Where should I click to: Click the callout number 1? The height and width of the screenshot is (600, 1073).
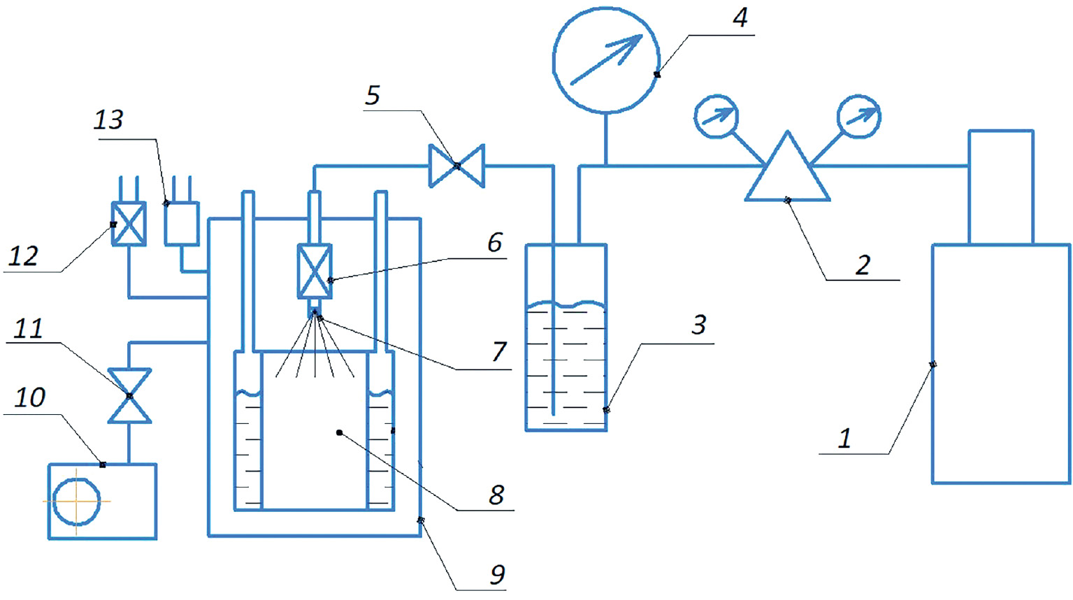click(844, 438)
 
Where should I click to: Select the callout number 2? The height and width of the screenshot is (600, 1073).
click(863, 265)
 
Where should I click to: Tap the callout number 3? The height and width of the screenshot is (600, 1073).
click(699, 324)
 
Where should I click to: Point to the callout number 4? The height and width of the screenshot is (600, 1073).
click(740, 17)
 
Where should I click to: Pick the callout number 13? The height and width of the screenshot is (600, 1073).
click(108, 120)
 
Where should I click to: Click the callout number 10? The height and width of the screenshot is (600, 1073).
click(30, 397)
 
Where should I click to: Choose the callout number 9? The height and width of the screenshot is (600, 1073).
click(497, 574)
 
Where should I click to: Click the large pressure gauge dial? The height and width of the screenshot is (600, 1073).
click(606, 60)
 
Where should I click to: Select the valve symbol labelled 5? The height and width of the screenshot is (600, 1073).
click(456, 166)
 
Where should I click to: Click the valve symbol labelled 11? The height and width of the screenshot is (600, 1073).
click(129, 396)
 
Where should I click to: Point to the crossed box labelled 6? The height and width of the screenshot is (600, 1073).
click(315, 271)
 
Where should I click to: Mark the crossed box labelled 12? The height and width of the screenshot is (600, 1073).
click(129, 224)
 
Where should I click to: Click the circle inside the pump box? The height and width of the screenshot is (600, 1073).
click(76, 501)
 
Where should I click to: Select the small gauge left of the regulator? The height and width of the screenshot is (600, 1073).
click(716, 117)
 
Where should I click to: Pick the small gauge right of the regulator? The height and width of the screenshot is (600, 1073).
click(858, 117)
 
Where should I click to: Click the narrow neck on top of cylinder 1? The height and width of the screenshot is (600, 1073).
click(1000, 186)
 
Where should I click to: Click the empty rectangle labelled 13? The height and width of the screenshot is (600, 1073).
click(182, 224)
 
